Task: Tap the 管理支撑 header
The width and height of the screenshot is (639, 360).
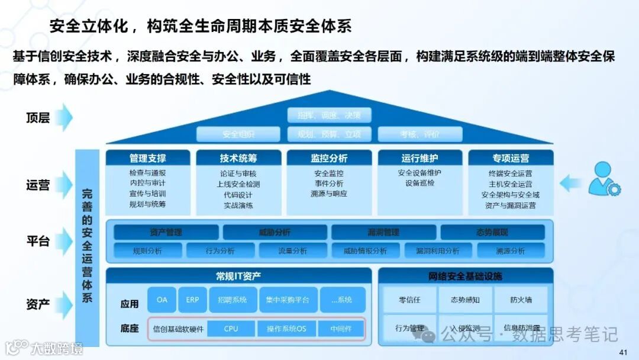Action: point(148,158)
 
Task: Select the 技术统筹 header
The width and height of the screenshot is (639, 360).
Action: point(238,158)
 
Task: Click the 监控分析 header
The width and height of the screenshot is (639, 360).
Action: point(329,158)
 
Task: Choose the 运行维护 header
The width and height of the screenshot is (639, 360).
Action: point(419,158)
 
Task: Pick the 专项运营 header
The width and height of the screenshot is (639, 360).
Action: point(511,158)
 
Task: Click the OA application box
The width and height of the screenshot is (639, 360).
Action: point(162,300)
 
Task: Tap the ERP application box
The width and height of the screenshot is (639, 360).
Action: point(192,300)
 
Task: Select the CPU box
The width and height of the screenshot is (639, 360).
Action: point(231,329)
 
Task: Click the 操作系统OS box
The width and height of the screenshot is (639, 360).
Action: point(286,329)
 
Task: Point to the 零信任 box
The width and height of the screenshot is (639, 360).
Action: point(409,300)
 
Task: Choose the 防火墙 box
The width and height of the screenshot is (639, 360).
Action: point(521,300)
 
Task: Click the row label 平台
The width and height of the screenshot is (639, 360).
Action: point(38,241)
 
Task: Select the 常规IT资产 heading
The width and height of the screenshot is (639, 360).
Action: point(238,276)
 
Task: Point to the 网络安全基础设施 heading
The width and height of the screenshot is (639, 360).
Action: point(465,276)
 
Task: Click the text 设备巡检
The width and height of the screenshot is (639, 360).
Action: point(419,183)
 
